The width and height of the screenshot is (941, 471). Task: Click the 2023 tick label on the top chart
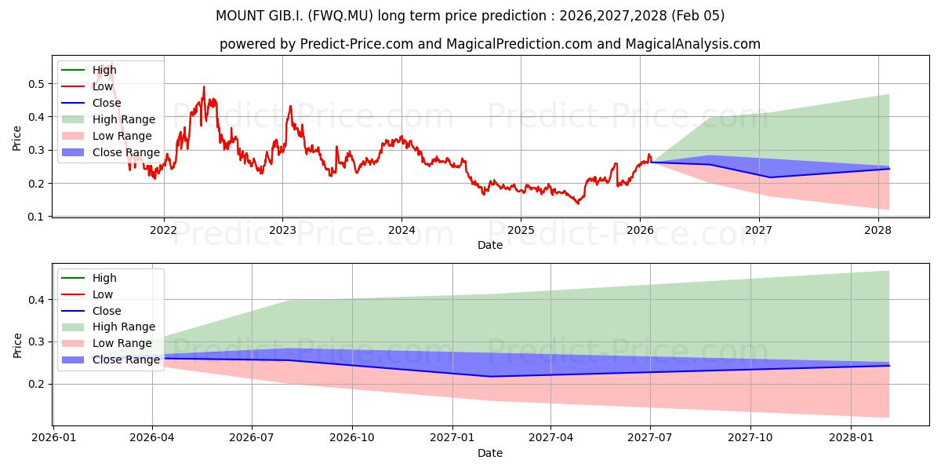(x=282, y=230)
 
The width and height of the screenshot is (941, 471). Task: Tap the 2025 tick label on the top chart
(x=521, y=230)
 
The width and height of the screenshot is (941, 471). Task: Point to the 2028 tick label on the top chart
(x=877, y=230)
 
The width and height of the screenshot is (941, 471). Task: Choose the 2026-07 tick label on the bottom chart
(x=252, y=438)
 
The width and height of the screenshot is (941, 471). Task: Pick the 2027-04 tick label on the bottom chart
(x=551, y=438)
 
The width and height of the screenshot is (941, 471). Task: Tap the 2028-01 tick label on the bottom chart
(x=851, y=438)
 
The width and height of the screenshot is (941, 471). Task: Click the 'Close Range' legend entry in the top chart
(x=125, y=152)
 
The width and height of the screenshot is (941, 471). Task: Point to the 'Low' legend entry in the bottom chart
(x=103, y=294)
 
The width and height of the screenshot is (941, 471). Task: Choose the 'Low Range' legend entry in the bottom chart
(x=122, y=343)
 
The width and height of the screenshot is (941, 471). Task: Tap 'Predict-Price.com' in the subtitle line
(x=357, y=44)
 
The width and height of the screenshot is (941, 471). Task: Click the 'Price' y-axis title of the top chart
(x=17, y=139)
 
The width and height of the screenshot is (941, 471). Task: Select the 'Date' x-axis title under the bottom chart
(x=490, y=453)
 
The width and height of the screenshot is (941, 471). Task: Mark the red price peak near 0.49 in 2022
(x=204, y=87)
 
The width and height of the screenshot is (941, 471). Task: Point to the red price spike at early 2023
(x=290, y=106)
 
